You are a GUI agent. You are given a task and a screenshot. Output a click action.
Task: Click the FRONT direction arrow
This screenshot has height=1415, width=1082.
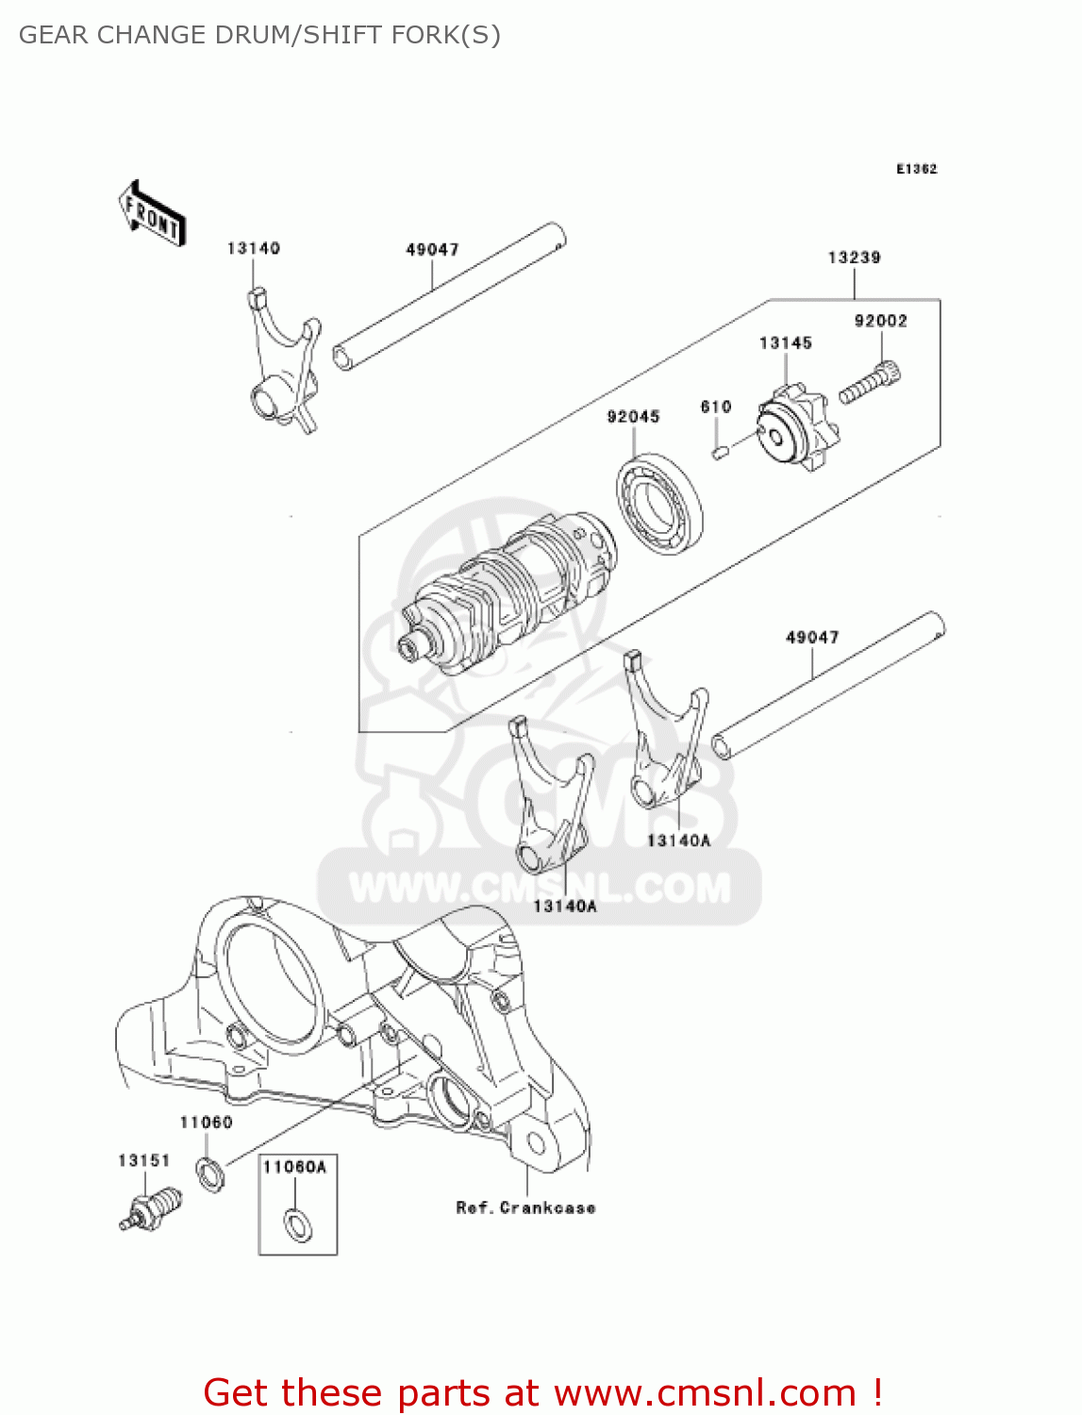(x=152, y=214)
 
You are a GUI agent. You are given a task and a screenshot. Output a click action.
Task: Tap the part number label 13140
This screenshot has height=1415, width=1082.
(x=253, y=248)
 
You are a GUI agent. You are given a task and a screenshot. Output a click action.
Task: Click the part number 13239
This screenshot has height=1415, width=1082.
(x=854, y=258)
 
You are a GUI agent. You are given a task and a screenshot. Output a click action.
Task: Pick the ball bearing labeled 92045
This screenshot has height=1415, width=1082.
(x=660, y=503)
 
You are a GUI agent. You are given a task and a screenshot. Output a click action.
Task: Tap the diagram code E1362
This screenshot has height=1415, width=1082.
(x=916, y=169)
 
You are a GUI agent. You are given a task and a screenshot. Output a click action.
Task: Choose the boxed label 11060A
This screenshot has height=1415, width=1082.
(x=294, y=1167)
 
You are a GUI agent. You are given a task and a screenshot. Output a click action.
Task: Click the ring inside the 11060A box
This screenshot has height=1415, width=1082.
(x=298, y=1224)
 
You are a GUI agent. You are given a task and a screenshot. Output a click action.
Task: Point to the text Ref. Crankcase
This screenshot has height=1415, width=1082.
(x=525, y=1207)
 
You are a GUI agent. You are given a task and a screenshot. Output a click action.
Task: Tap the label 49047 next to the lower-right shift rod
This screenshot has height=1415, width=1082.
(x=812, y=638)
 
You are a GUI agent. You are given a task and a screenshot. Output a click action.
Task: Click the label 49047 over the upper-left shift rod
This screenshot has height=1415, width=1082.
(x=432, y=250)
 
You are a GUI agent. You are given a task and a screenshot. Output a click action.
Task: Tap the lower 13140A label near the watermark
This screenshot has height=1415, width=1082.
(x=565, y=907)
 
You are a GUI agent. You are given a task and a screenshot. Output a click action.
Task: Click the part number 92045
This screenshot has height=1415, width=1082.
(x=633, y=417)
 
